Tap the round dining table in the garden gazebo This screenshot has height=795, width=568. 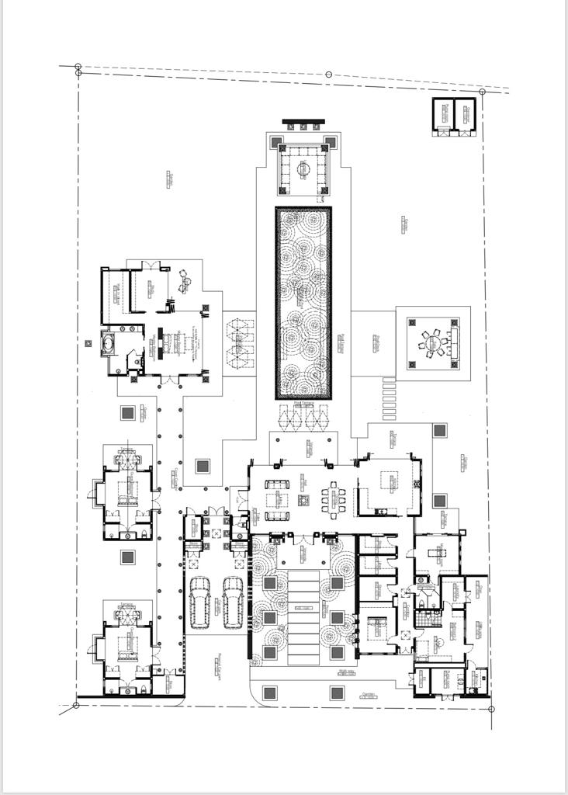(431, 342)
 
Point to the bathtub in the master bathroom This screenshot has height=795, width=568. (109, 342)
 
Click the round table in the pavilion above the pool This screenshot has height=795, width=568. (303, 168)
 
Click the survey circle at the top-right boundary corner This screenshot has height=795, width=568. (482, 92)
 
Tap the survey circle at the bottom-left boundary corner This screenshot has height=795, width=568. (76, 706)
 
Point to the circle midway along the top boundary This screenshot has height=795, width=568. (328, 75)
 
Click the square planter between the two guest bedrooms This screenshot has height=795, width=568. (127, 557)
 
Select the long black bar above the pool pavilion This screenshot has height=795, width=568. (303, 121)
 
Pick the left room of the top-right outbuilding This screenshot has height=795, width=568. (443, 113)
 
